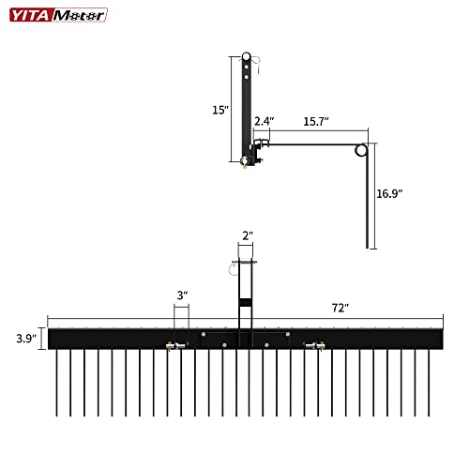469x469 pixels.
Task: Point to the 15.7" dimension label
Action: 315,122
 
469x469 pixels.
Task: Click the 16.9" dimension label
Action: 388,193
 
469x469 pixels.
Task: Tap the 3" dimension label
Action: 182,295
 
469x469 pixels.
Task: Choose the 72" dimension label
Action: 339,308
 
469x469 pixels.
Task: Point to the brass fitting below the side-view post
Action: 246,161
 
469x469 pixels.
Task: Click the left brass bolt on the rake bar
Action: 173,346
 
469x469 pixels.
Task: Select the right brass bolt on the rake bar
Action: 316,345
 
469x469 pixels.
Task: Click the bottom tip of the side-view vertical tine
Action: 367,247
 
